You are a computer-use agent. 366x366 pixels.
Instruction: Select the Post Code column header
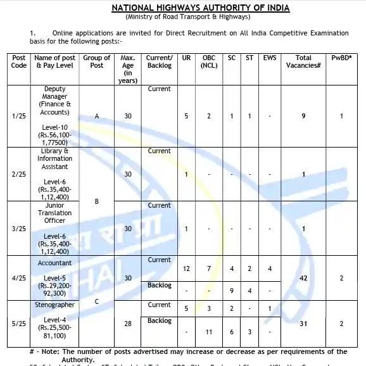pos(19,61)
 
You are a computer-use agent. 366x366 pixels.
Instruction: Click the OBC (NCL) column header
pos(209,61)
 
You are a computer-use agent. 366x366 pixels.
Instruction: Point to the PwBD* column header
pos(342,58)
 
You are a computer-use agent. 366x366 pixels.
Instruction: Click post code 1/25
pos(19,117)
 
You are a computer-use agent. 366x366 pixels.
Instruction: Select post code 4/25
pos(19,278)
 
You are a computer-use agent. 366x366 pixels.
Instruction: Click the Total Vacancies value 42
pos(303,278)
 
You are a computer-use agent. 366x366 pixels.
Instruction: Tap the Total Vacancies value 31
pos(303,324)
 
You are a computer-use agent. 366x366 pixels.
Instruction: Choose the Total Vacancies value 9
pos(303,117)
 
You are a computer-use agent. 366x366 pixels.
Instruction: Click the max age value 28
pos(128,324)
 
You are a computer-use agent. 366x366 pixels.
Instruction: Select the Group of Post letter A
pos(97,117)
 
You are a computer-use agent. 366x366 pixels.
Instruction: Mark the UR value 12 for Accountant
pos(186,269)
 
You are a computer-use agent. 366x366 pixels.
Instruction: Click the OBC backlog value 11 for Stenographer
pos(209,331)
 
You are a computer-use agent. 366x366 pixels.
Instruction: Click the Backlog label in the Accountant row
pos(159,286)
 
